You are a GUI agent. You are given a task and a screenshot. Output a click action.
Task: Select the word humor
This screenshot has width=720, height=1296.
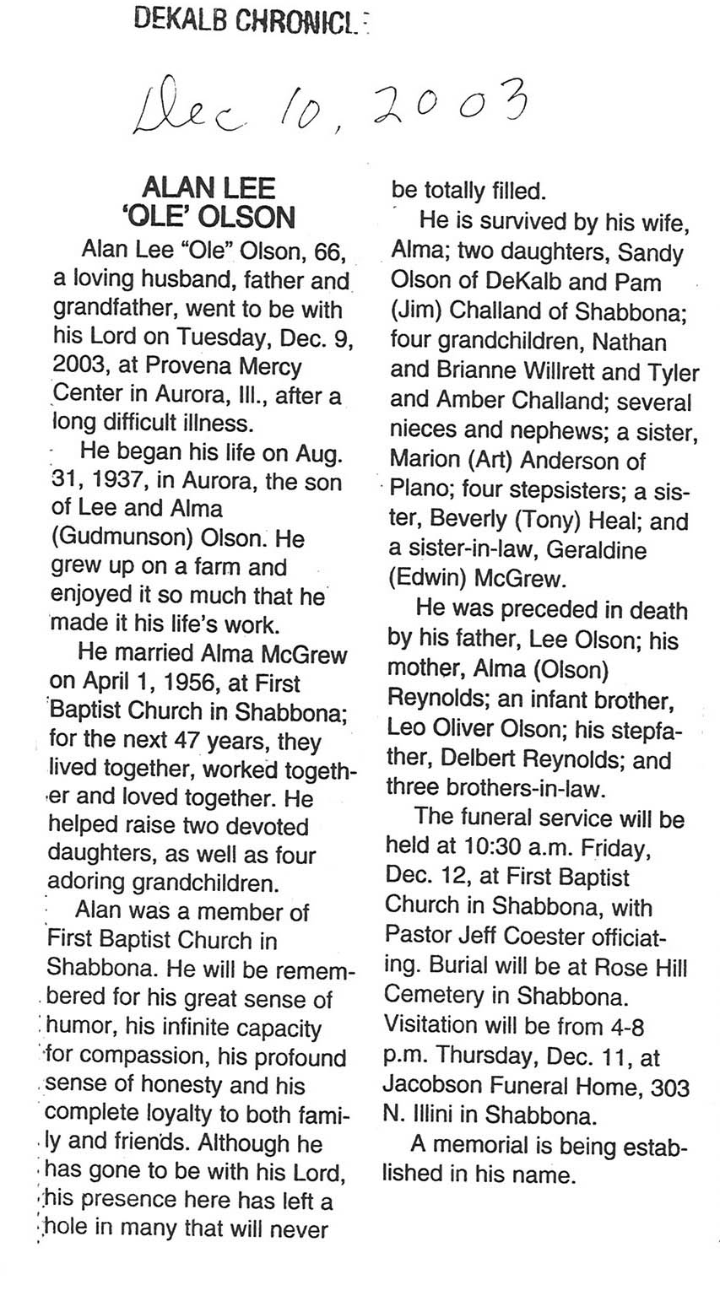78,1029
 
